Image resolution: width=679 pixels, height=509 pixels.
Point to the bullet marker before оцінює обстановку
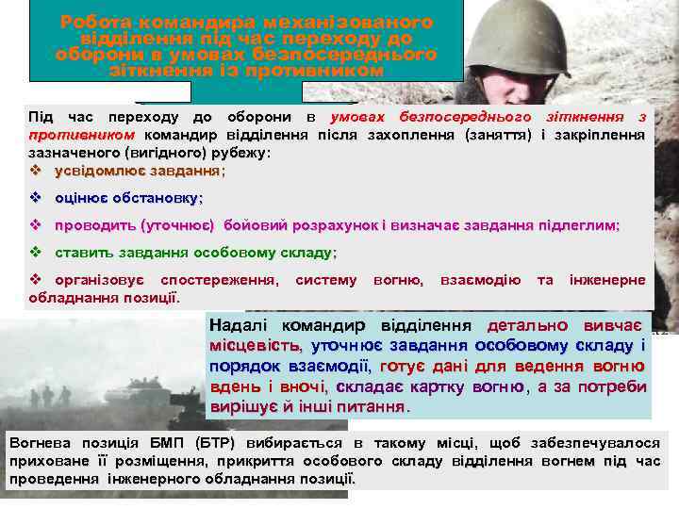tap(35, 198)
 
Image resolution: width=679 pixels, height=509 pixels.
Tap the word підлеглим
tap(580, 225)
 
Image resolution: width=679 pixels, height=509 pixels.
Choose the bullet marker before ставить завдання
tap(35, 253)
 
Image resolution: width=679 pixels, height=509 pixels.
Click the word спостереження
tap(219, 280)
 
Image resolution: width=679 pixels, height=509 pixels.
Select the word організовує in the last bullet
tap(99, 280)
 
